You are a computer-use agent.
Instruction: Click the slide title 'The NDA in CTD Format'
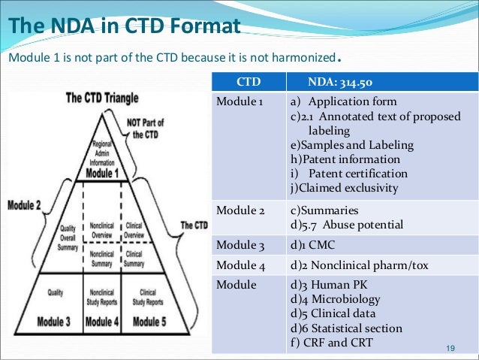tap(124, 28)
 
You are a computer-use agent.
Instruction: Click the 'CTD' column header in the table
tap(249, 81)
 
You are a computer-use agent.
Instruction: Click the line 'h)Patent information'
tap(345, 159)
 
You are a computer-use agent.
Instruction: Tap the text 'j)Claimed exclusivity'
tap(344, 188)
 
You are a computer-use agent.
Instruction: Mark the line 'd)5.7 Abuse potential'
tap(346, 225)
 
